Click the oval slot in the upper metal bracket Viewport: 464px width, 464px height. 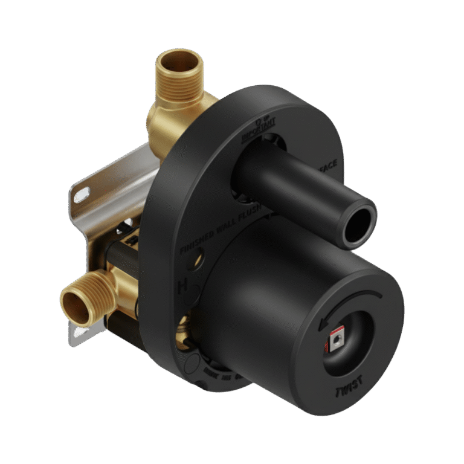point(81,194)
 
